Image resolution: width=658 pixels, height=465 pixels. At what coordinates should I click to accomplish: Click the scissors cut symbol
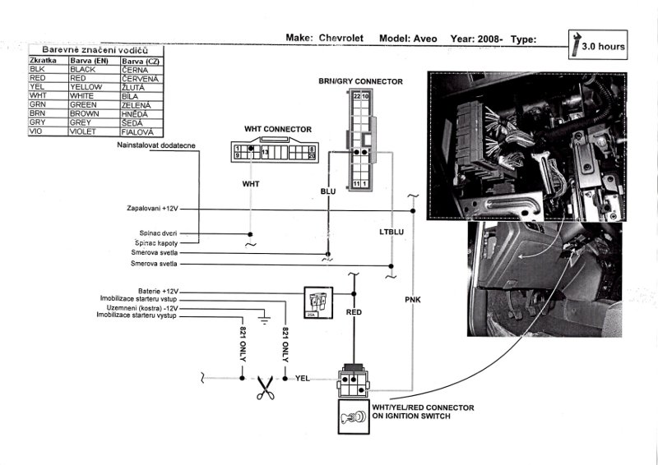click(264, 386)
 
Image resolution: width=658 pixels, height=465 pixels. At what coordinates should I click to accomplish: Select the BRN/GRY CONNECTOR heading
click(360, 81)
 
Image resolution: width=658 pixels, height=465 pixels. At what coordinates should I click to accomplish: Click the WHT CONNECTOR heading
click(277, 129)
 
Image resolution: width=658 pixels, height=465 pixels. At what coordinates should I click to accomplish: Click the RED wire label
click(354, 313)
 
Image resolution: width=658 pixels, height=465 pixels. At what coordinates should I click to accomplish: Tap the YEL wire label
click(302, 378)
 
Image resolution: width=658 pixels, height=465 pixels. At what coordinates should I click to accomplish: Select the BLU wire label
click(328, 191)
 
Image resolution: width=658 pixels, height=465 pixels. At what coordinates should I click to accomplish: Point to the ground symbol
click(263, 316)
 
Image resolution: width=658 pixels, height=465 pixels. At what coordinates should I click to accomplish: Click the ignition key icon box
click(353, 417)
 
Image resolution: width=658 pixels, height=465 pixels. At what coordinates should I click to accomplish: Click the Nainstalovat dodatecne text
click(156, 145)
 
